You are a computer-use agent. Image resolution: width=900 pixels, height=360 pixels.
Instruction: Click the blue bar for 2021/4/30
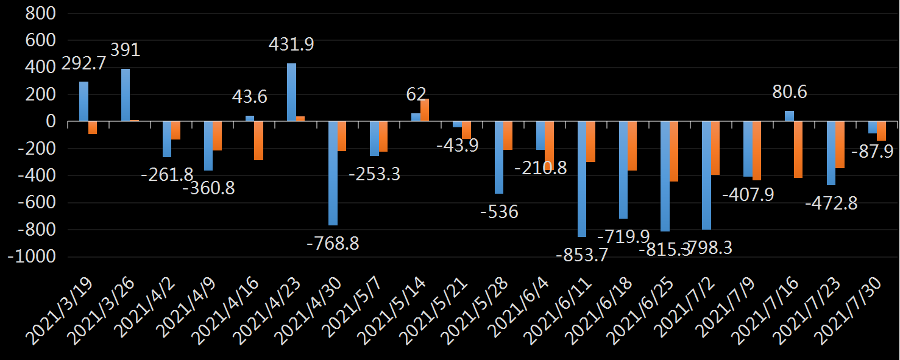(333, 174)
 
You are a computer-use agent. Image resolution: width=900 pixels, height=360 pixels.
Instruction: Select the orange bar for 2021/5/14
(425, 110)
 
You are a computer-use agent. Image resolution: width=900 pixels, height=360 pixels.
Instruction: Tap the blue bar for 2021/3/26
(126, 95)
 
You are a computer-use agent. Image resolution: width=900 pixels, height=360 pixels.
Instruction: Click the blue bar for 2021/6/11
(582, 179)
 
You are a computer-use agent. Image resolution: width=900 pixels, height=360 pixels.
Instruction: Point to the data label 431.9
(292, 44)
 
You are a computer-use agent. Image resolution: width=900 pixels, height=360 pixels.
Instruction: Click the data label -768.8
(333, 244)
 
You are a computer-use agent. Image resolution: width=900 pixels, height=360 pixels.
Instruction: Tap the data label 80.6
(790, 92)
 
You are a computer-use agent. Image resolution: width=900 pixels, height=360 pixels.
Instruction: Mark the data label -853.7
(582, 255)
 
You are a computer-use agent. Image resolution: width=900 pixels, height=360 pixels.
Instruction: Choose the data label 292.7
(80, 63)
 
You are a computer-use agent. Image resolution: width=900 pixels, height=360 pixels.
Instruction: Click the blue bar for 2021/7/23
(831, 154)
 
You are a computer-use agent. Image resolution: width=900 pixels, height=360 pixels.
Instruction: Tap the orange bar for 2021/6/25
(673, 152)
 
